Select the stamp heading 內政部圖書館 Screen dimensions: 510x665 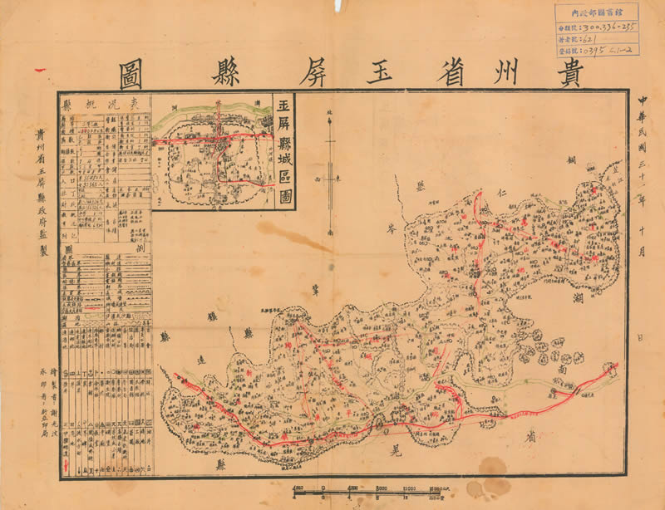tap(597, 12)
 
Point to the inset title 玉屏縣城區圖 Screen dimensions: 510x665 tap(284, 150)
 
